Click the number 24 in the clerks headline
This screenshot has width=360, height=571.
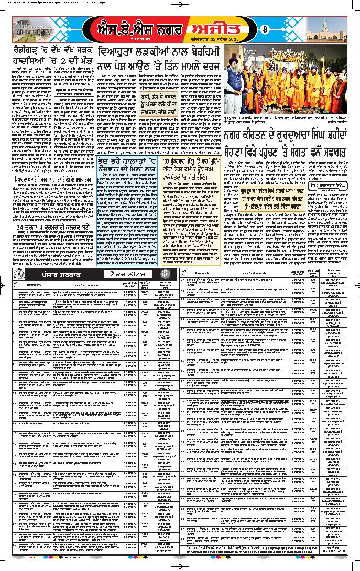pos(21,229)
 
